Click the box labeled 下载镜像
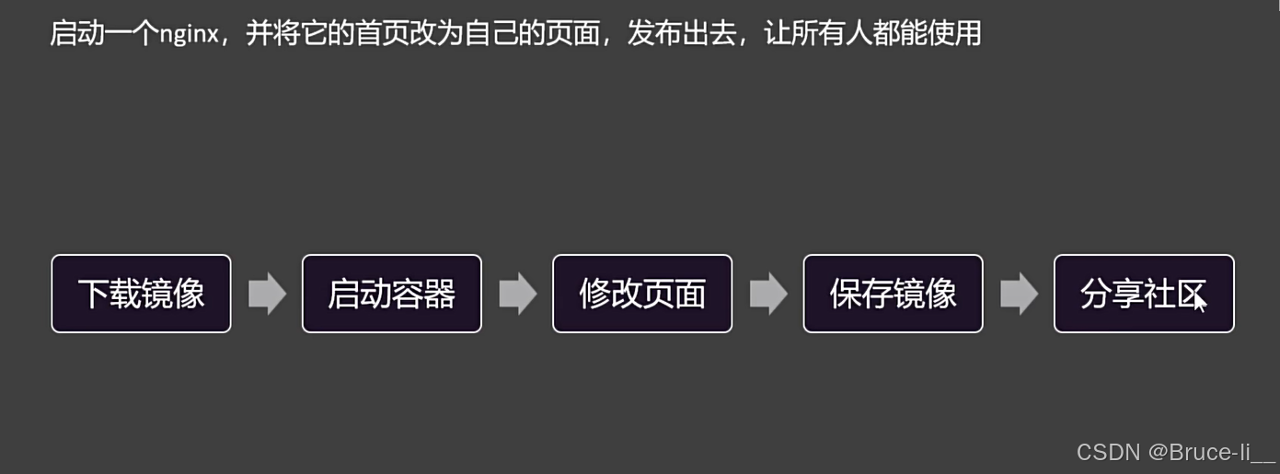pos(141,294)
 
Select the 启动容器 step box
pos(391,294)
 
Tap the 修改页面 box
pos(642,294)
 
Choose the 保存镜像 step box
pos(893,294)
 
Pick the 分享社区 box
pos(1143,294)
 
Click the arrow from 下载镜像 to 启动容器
pos(267,294)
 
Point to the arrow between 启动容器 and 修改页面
pos(517,294)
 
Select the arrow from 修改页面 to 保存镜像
pos(768,294)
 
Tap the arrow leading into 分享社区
pos(1019,294)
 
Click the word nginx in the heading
pos(188,35)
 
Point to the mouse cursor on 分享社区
pos(1199,300)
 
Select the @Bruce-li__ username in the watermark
pos(1211,452)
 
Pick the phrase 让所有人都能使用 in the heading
pos(872,34)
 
